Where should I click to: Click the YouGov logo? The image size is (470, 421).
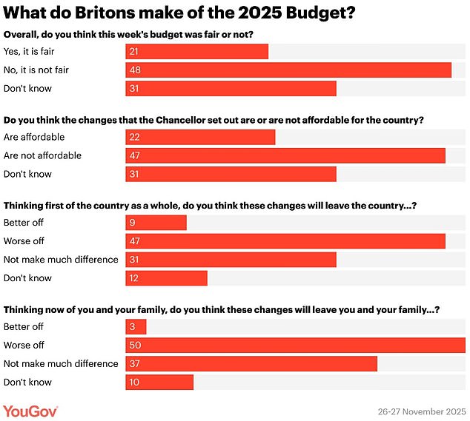[30, 411]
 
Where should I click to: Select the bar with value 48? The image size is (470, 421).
[288, 70]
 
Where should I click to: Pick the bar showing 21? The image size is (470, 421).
[196, 51]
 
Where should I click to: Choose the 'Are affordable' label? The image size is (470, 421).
[34, 137]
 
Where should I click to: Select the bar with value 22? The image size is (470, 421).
[200, 137]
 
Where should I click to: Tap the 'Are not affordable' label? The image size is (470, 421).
[42, 155]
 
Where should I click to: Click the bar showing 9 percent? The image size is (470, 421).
[156, 223]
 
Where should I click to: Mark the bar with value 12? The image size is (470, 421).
[166, 278]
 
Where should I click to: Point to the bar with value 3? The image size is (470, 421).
[136, 326]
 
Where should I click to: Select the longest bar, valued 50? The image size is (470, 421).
[295, 345]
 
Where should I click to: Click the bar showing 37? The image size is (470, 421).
[251, 363]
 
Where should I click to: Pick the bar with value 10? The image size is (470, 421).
[159, 382]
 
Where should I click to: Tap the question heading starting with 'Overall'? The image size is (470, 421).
[130, 34]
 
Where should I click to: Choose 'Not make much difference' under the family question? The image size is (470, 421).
[61, 363]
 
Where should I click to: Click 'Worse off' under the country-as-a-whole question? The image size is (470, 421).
[24, 241]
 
